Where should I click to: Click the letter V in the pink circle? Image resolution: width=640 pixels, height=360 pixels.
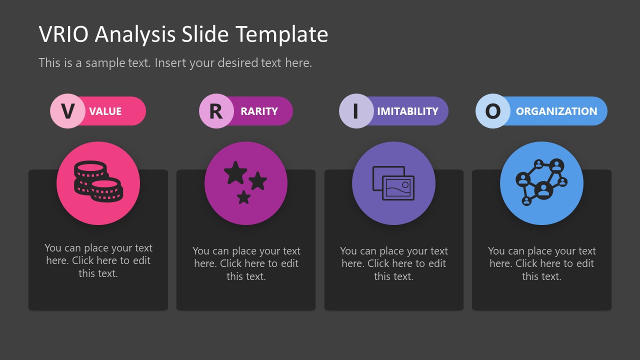click(x=67, y=111)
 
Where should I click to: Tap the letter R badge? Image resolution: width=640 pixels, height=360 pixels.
click(x=216, y=111)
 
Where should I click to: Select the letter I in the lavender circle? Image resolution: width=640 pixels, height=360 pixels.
click(x=356, y=111)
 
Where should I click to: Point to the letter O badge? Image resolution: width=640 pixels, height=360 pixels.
click(x=492, y=111)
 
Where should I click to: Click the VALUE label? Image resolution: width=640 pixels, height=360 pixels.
click(x=105, y=111)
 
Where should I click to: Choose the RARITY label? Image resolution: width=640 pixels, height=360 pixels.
click(x=259, y=111)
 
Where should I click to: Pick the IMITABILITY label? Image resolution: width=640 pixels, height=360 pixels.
click(x=407, y=111)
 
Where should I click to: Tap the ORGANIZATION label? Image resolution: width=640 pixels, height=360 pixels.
click(x=556, y=111)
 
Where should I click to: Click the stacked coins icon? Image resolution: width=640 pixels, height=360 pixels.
click(x=98, y=181)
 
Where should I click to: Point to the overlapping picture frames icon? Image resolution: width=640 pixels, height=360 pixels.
click(x=393, y=183)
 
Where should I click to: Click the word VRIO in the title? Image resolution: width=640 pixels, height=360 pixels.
click(x=63, y=34)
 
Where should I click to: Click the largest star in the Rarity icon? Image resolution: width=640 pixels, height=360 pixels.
click(x=235, y=173)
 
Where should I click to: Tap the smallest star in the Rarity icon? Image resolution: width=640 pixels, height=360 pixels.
click(x=243, y=197)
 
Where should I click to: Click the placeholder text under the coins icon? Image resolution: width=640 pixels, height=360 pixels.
click(x=98, y=260)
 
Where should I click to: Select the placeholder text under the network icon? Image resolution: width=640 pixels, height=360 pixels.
click(x=541, y=263)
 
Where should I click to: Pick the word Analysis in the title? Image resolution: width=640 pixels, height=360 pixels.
click(x=135, y=34)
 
